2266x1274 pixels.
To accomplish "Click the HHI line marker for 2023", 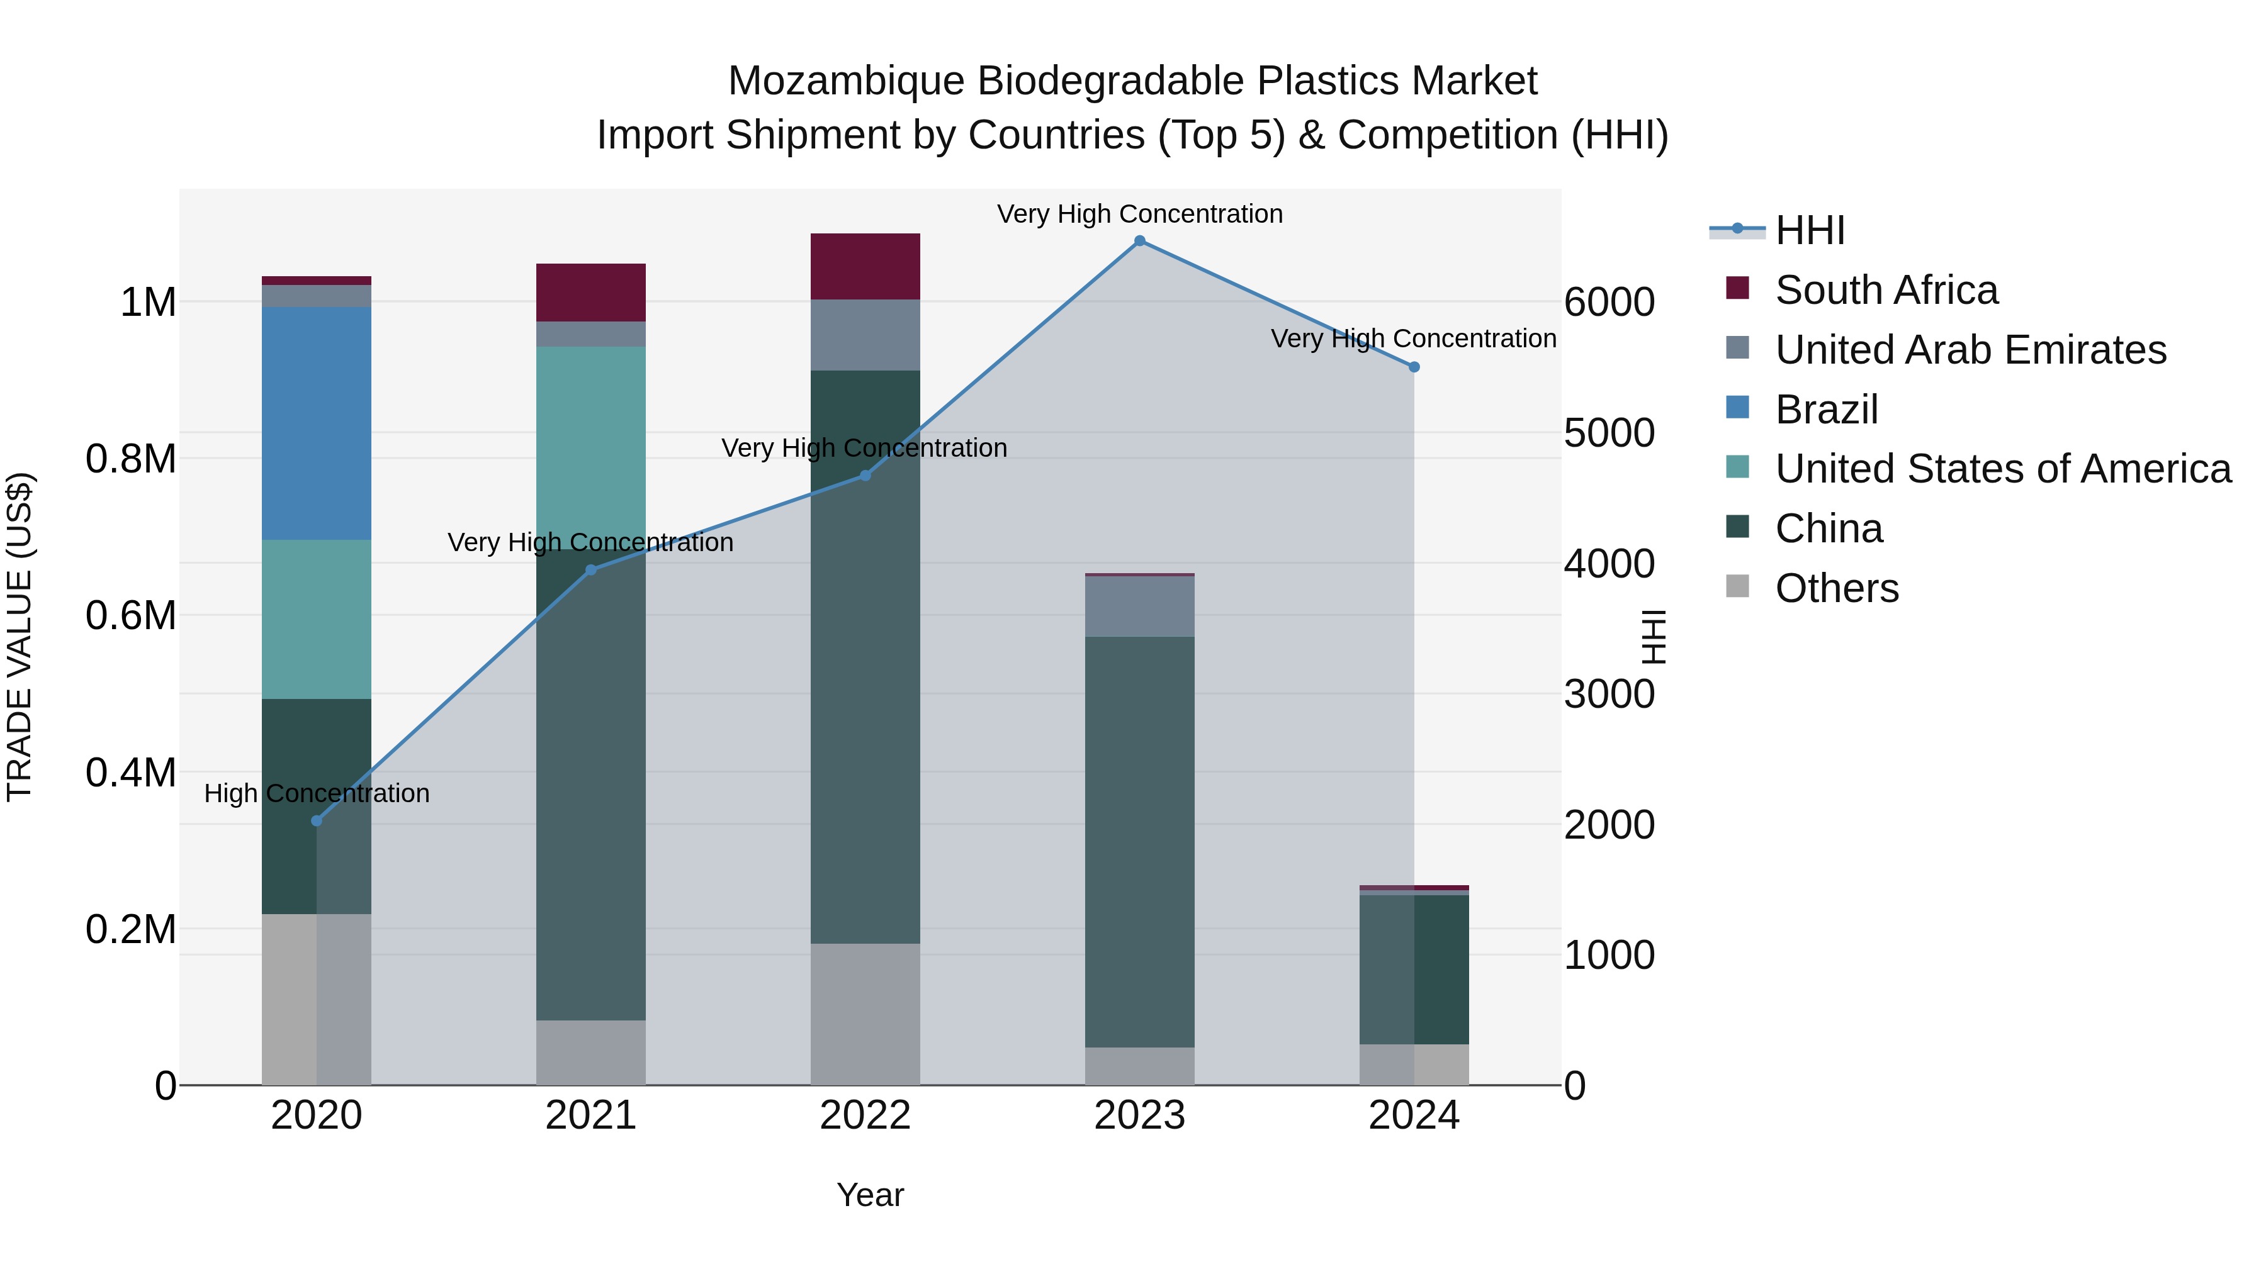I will tap(1139, 241).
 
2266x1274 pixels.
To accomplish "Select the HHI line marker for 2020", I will tap(317, 820).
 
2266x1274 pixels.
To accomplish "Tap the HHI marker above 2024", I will tap(1414, 367).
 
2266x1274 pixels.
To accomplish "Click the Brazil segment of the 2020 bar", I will tap(317, 423).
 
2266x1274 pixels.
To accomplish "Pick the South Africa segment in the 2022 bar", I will tap(865, 266).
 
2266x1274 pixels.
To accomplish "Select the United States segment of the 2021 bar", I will tap(590, 440).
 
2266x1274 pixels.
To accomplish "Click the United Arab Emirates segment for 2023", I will tap(1139, 606).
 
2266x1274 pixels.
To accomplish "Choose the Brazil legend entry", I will tap(1826, 410).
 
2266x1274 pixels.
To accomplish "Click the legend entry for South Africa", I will tap(1886, 290).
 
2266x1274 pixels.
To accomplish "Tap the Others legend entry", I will tap(1837, 588).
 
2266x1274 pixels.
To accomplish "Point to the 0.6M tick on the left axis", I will tap(131, 615).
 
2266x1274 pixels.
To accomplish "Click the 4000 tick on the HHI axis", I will tap(1609, 564).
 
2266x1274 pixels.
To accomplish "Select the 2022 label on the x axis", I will tap(865, 1115).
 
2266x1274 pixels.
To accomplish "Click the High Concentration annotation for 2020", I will tap(317, 793).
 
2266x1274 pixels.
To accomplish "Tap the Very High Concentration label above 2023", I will tap(1139, 214).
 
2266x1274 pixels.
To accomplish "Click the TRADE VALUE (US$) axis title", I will tap(20, 637).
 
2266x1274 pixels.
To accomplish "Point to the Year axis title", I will tap(870, 1195).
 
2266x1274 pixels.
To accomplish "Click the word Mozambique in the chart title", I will tap(845, 81).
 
